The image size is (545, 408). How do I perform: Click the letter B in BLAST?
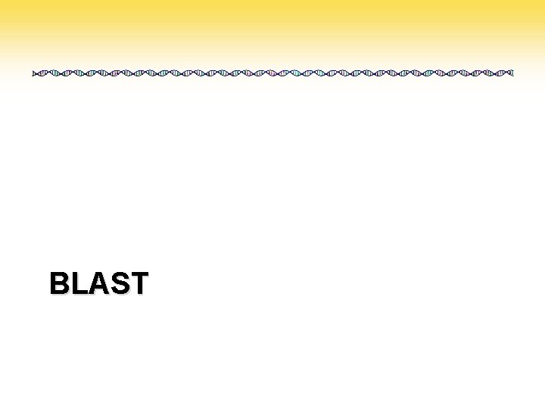(x=60, y=283)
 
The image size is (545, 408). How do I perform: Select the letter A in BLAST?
(x=97, y=283)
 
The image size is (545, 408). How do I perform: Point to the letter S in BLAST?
(x=118, y=283)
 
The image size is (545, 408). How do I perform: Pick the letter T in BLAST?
(x=139, y=283)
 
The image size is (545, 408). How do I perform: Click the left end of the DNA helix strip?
(x=34, y=73)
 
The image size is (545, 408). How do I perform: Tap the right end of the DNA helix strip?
(x=512, y=73)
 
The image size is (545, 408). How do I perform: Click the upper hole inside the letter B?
(x=61, y=277)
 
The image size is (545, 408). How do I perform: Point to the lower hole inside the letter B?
(x=61, y=289)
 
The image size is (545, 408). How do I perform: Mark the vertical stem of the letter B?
(x=53, y=283)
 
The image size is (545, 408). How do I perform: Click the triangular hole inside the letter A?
(x=97, y=281)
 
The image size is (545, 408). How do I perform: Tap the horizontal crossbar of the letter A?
(x=97, y=288)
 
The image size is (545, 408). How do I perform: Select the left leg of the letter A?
(x=91, y=287)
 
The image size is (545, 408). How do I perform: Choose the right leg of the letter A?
(x=104, y=287)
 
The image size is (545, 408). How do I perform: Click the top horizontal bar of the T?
(x=139, y=274)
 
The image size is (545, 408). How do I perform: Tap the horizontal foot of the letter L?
(x=81, y=293)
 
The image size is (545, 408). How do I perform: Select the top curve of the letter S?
(x=118, y=274)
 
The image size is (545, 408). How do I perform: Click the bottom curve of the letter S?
(x=118, y=293)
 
